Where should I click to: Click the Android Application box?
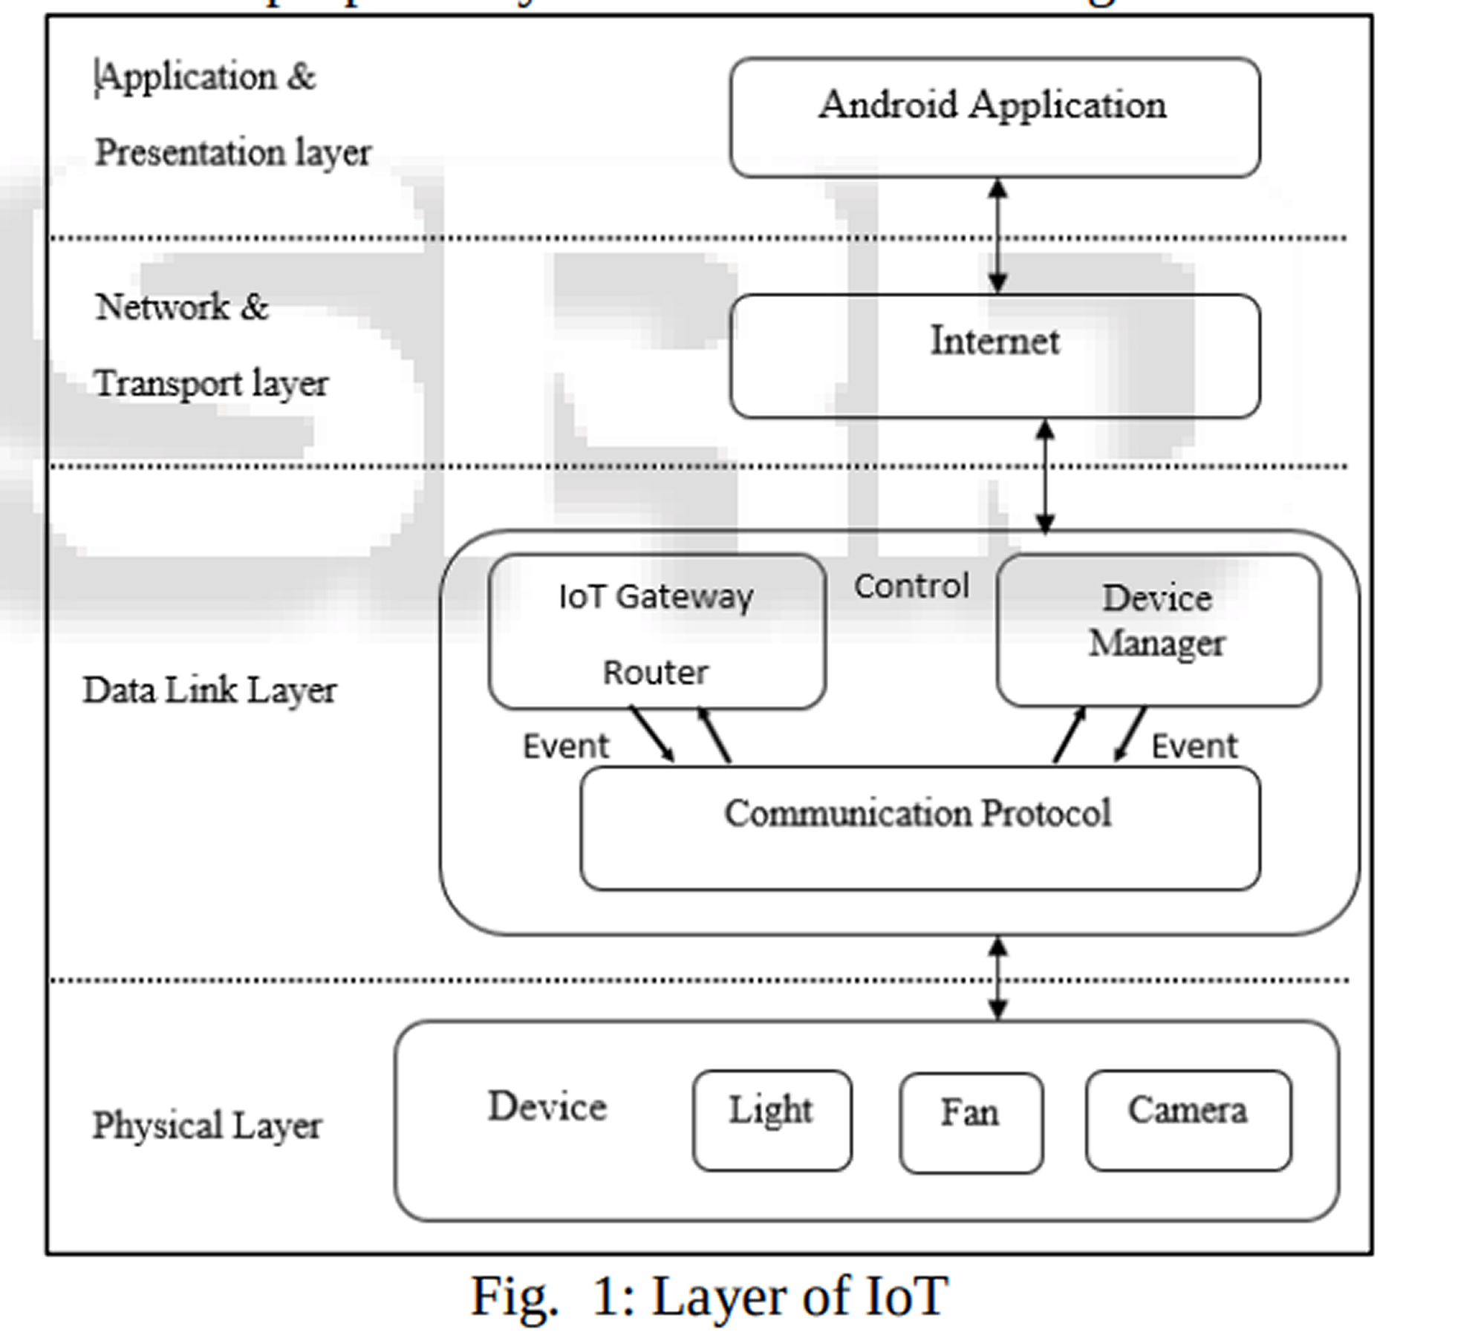coord(994,117)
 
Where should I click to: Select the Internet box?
coord(994,356)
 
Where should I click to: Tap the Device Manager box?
coord(1157,629)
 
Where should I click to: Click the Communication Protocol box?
coord(919,828)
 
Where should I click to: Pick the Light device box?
coord(772,1120)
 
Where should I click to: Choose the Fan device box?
coord(970,1122)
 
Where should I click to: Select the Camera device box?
coord(1188,1120)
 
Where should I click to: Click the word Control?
coord(911,587)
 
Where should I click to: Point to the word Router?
coord(655,673)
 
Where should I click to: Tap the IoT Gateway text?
coord(655,596)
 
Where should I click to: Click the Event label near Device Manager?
coord(1194,746)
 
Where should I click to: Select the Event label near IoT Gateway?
coord(565,746)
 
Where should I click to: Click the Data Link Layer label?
coord(209,691)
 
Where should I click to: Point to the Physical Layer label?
coord(206,1126)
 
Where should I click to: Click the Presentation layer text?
coord(232,153)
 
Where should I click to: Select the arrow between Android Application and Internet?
coord(997,236)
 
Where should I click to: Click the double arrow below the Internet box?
coord(1044,476)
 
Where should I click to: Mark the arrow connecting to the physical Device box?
coord(997,978)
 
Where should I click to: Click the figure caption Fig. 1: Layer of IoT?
coord(709,1296)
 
